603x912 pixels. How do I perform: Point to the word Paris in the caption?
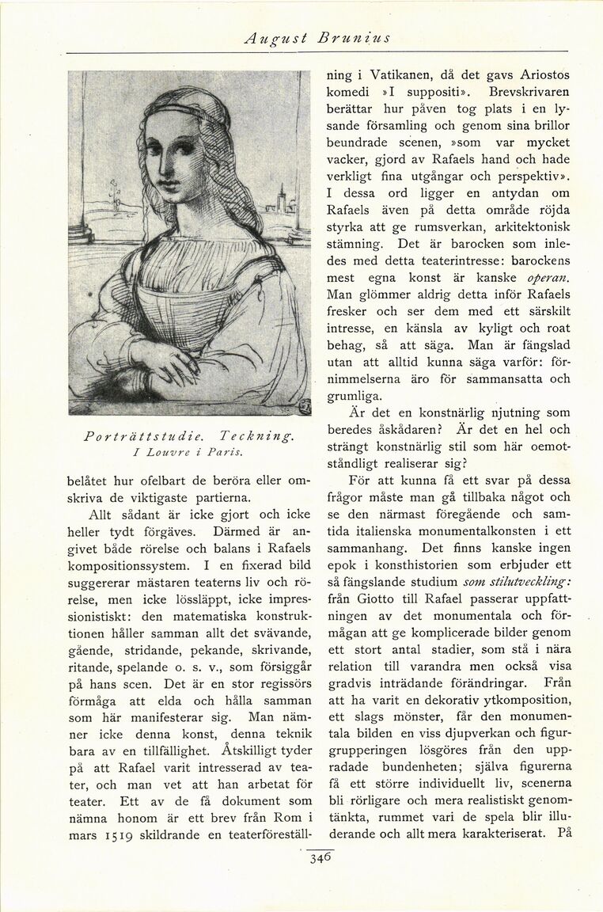coord(222,453)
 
